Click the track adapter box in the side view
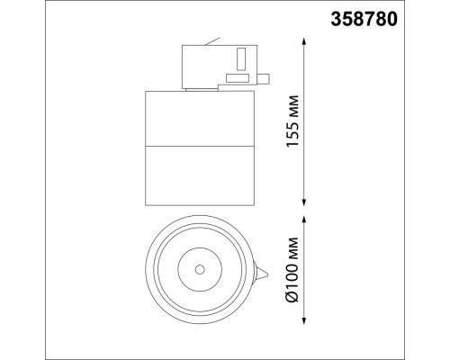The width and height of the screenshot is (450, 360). tap(216, 65)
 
